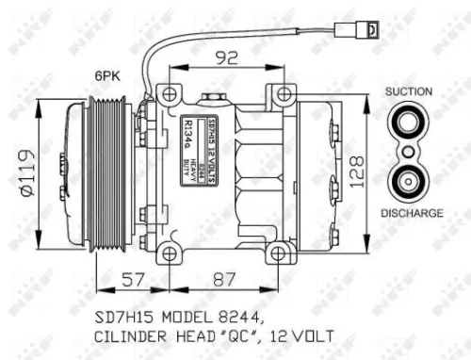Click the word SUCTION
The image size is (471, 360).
tap(410, 91)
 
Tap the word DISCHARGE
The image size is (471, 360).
tap(412, 214)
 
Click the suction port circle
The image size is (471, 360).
tap(410, 123)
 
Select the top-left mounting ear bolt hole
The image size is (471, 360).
tap(169, 94)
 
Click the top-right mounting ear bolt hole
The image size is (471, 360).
tap(281, 94)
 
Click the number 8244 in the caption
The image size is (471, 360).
tap(236, 314)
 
